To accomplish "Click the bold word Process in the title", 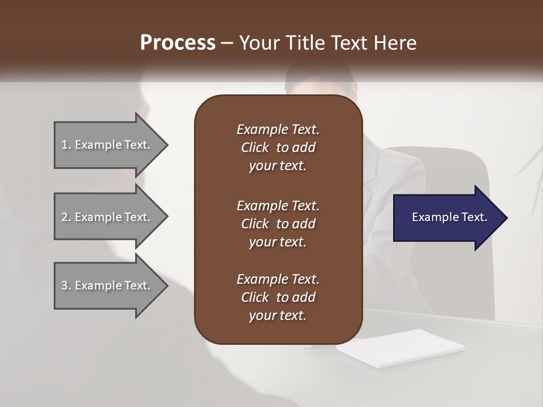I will click(x=177, y=42).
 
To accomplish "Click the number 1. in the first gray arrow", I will click(x=66, y=145).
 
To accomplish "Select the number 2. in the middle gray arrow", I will click(x=66, y=217).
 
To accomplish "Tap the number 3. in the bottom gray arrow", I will click(x=66, y=285).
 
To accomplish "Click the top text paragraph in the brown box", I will click(x=278, y=148).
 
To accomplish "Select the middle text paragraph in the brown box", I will click(x=278, y=223).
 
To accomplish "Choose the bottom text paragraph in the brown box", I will click(x=278, y=297).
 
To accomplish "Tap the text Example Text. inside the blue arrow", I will click(x=450, y=217).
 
